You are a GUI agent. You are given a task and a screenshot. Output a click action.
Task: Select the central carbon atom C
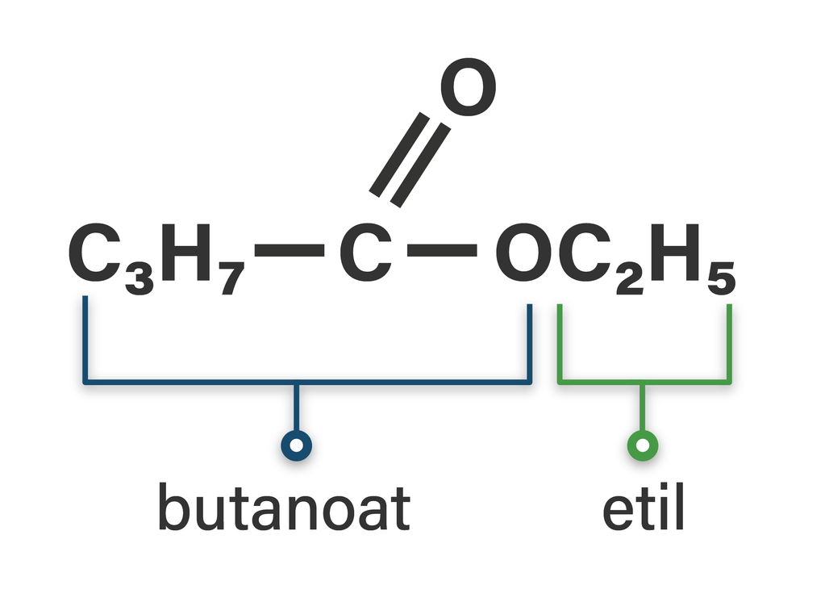tap(365, 252)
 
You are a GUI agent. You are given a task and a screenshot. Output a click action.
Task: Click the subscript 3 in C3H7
tap(138, 278)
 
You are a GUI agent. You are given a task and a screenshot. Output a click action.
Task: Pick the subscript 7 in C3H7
tap(230, 278)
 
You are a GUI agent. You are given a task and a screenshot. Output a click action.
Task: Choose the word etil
tap(643, 509)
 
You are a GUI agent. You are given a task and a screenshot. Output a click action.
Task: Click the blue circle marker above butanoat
tap(296, 445)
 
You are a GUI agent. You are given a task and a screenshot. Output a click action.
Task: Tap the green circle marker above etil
tap(643, 445)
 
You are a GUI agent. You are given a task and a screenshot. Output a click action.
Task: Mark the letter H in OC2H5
tap(677, 252)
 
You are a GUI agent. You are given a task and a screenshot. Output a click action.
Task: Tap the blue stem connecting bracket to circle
tap(296, 407)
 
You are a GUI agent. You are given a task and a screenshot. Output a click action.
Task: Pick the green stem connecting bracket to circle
tap(643, 407)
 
